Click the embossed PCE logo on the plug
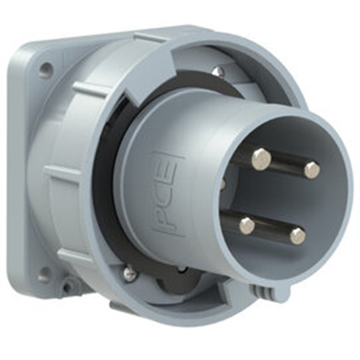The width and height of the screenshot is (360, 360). pyautogui.click(x=167, y=193)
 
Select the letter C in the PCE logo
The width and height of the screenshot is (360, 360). pyautogui.click(x=167, y=193)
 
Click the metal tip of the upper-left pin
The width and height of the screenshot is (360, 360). pyautogui.click(x=262, y=156)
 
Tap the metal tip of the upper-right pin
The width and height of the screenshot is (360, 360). pyautogui.click(x=311, y=170)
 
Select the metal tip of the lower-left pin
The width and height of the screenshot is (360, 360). pyautogui.click(x=246, y=225)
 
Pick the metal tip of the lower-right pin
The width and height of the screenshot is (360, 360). pyautogui.click(x=298, y=236)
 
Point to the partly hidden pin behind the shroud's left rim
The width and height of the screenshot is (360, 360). pyautogui.click(x=223, y=183)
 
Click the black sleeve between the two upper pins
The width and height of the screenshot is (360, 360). pyautogui.click(x=286, y=163)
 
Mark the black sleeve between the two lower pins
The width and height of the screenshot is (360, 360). pyautogui.click(x=271, y=230)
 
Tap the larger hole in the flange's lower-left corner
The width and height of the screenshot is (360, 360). pyautogui.click(x=44, y=273)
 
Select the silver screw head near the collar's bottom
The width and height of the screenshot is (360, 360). pyautogui.click(x=130, y=273)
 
